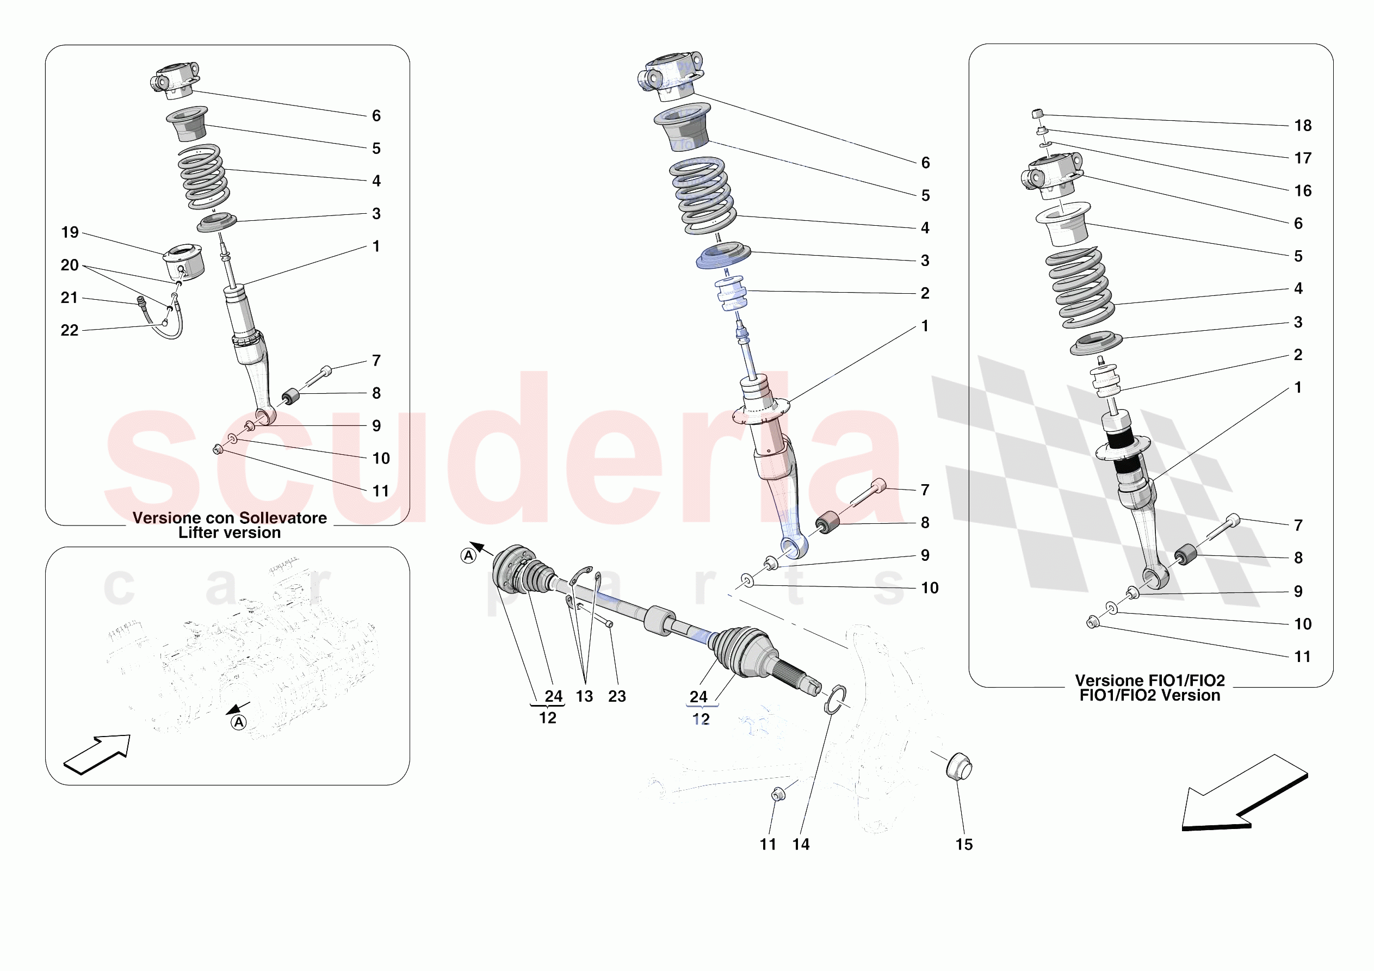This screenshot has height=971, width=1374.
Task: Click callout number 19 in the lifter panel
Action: (70, 232)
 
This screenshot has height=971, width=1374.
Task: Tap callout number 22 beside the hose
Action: (70, 330)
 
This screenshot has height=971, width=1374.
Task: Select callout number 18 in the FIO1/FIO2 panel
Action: (1303, 126)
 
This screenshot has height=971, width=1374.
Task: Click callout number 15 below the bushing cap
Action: (964, 845)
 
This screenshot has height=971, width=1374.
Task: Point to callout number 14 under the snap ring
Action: (801, 845)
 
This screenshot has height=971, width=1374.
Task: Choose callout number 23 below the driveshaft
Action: (617, 696)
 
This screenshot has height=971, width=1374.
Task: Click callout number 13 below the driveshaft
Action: (584, 696)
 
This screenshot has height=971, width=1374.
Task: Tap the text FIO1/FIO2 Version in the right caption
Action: (1149, 696)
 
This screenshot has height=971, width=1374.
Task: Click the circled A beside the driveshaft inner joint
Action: (468, 556)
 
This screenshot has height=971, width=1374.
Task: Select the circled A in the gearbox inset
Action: (239, 722)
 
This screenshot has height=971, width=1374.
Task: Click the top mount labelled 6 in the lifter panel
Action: (175, 80)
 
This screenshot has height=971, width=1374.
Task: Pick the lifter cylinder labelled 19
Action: (184, 262)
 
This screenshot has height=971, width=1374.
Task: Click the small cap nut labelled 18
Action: (1038, 113)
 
